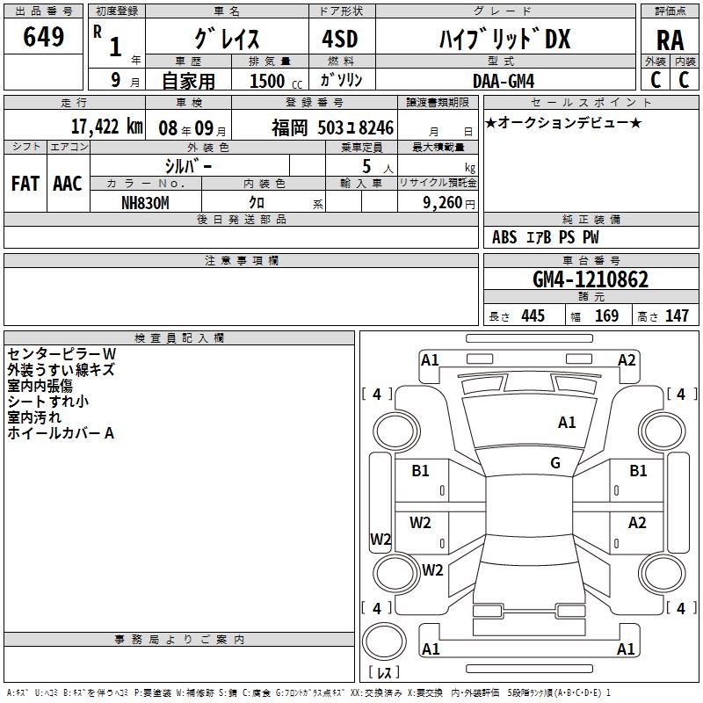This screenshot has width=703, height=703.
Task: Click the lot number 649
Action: [x=43, y=36]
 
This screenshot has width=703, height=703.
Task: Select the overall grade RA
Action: [x=670, y=40]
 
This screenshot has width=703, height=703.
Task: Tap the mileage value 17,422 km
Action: [x=107, y=127]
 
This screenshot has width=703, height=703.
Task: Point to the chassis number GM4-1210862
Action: [x=591, y=279]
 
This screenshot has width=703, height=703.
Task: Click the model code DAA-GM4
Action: [x=504, y=81]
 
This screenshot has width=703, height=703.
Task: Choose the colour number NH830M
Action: [x=145, y=203]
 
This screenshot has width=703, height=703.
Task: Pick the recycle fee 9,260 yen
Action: [x=449, y=203]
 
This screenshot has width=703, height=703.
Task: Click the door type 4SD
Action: [x=340, y=39]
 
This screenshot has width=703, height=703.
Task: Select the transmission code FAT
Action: [x=25, y=184]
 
